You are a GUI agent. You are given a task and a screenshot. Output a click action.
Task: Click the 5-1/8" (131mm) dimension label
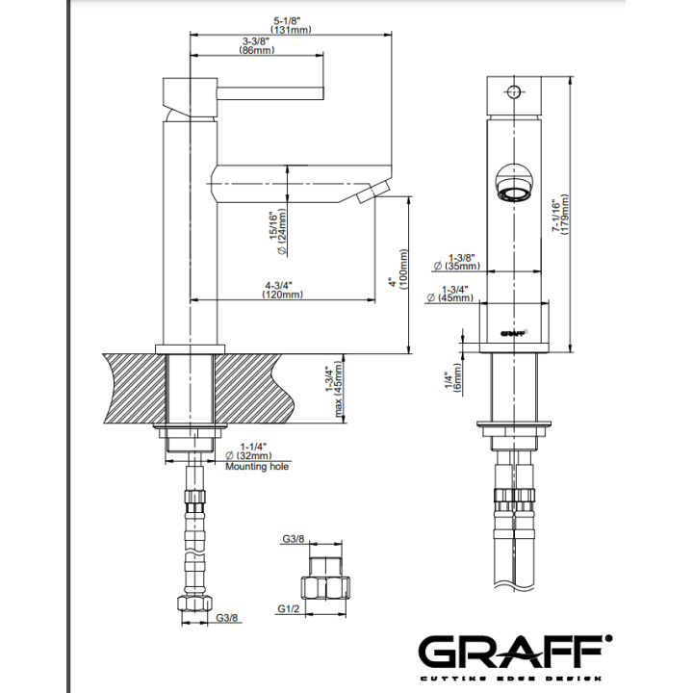point(291,25)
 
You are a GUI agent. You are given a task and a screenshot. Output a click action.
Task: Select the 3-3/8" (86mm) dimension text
point(256,45)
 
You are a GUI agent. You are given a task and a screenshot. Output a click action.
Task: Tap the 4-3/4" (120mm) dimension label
point(282,290)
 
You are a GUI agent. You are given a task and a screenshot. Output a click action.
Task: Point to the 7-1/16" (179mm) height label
point(559,216)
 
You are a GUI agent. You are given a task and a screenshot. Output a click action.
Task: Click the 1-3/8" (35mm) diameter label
point(457,262)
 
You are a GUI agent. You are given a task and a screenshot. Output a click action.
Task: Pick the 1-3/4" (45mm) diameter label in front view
point(449,294)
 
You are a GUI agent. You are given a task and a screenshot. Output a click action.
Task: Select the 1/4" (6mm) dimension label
point(453,379)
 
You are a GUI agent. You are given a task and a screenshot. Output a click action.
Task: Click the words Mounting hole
point(257,467)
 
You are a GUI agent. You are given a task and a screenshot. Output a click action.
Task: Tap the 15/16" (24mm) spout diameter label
point(277,232)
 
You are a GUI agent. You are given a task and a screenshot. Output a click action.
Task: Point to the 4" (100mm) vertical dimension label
point(398,269)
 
